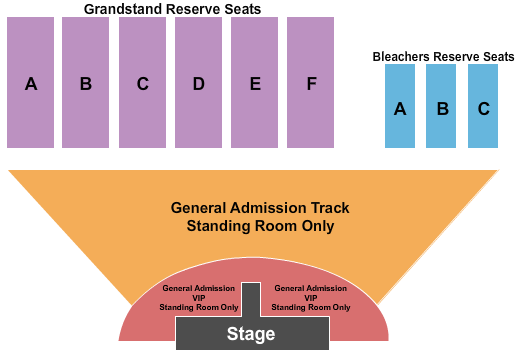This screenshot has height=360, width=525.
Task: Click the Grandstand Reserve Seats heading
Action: click(172, 9)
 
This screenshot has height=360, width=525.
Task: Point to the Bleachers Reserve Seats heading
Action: click(436, 57)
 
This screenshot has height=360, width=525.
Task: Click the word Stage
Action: click(251, 334)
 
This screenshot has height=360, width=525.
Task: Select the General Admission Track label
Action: click(260, 208)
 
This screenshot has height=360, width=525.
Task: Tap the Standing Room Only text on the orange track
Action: click(260, 226)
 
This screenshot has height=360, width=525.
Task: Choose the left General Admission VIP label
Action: click(200, 297)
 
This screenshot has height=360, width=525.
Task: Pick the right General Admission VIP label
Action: click(310, 297)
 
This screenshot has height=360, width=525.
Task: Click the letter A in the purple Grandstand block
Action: click(31, 85)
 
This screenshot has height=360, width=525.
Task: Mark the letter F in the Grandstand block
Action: click(311, 85)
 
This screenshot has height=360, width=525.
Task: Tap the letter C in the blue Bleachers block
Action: click(483, 110)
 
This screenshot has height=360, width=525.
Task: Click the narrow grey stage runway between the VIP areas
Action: click(252, 299)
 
